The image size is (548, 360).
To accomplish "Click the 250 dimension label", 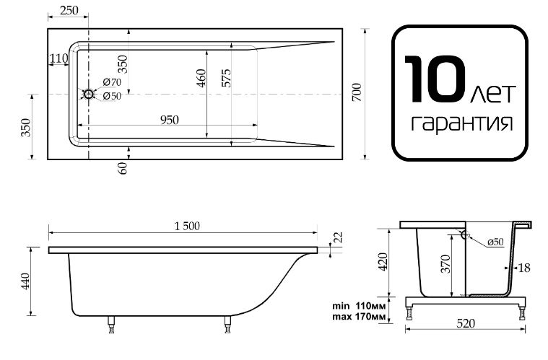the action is (x=69, y=11).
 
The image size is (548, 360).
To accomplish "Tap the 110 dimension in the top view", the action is (x=58, y=58).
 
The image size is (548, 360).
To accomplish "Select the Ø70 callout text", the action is (x=112, y=82).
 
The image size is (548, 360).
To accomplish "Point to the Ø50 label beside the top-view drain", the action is (x=112, y=96).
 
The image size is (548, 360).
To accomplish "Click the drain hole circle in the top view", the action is (x=88, y=94).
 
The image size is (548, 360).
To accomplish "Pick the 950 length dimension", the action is (x=170, y=120).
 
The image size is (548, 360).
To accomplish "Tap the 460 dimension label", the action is (x=201, y=79).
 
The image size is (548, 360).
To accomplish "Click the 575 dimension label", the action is (x=226, y=78).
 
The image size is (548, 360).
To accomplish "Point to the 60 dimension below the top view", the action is (x=123, y=168).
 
